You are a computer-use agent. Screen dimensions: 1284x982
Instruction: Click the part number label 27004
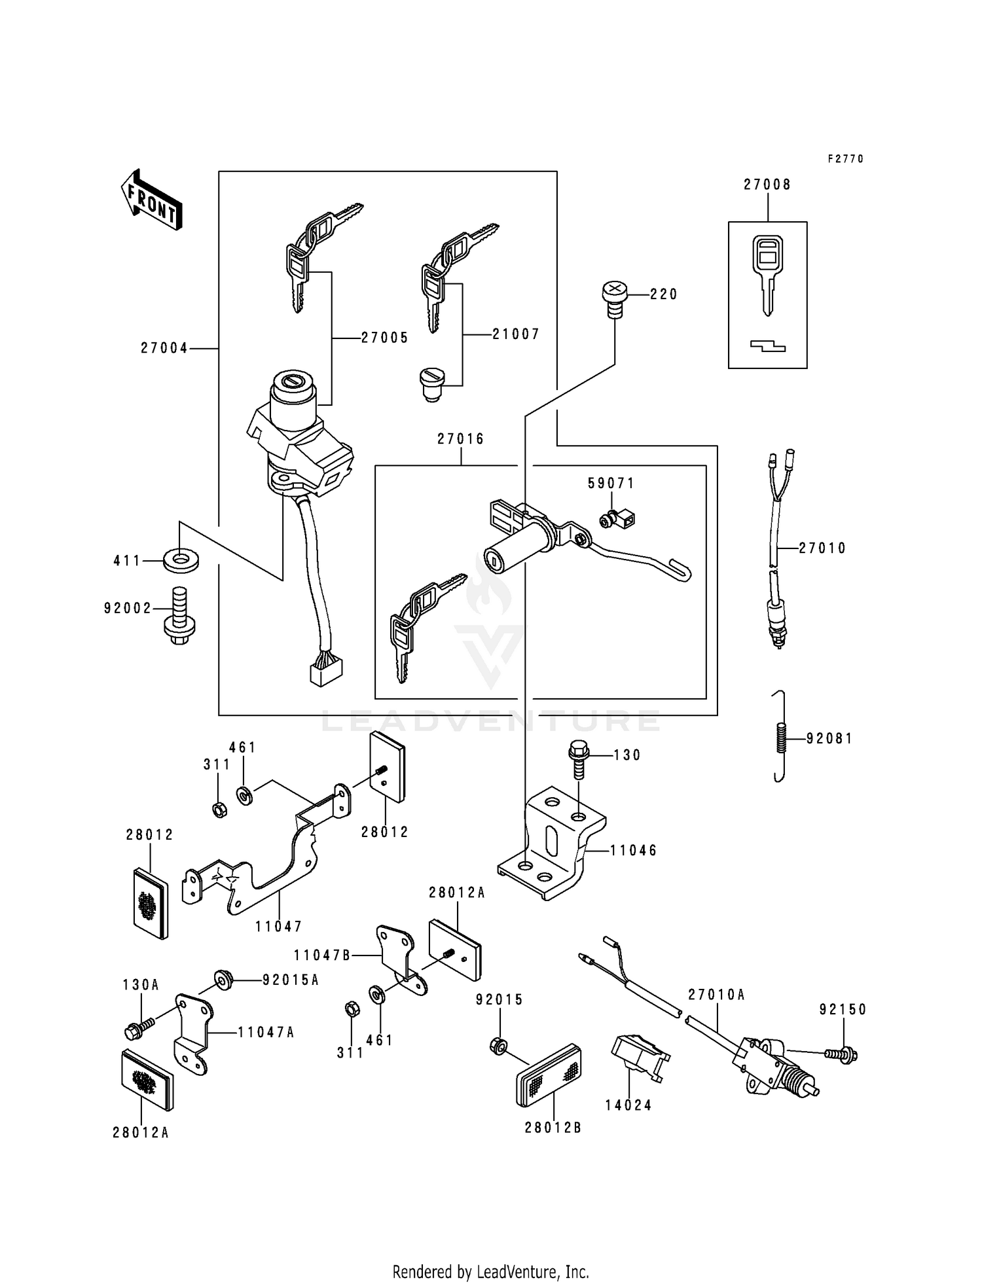(164, 349)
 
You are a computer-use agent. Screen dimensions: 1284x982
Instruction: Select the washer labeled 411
(181, 561)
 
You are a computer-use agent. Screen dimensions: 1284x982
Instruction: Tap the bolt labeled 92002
(179, 616)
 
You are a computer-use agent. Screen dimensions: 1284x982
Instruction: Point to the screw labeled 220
(614, 299)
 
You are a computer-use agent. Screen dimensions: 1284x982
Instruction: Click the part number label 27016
(461, 439)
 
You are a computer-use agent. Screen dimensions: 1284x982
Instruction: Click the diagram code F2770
(845, 159)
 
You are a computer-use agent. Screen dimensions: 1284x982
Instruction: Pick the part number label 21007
(516, 334)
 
